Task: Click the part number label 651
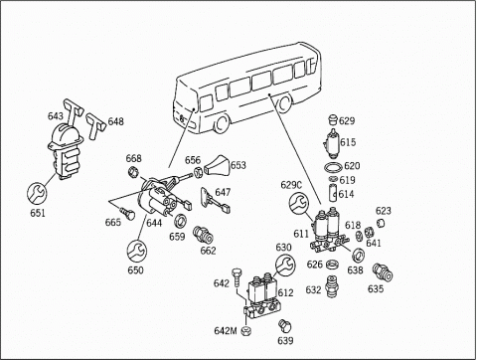[x=38, y=213]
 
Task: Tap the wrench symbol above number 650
[x=136, y=251]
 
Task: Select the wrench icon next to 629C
[x=299, y=204]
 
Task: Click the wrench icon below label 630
[x=285, y=265]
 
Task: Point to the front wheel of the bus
[x=221, y=123]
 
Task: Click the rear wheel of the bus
[x=284, y=103]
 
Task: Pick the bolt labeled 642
[x=237, y=277]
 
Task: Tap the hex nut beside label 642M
[x=245, y=330]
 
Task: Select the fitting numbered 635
[x=383, y=272]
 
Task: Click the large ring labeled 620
[x=333, y=168]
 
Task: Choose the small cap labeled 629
[x=333, y=119]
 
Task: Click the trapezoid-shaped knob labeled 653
[x=218, y=166]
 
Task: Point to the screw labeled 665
[x=127, y=214]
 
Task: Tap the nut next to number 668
[x=133, y=172]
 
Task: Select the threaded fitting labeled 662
[x=203, y=235]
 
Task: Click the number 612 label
[x=285, y=292]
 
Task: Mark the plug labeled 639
[x=284, y=325]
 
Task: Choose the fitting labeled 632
[x=332, y=286]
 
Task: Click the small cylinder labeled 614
[x=333, y=193]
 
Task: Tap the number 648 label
[x=116, y=121]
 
